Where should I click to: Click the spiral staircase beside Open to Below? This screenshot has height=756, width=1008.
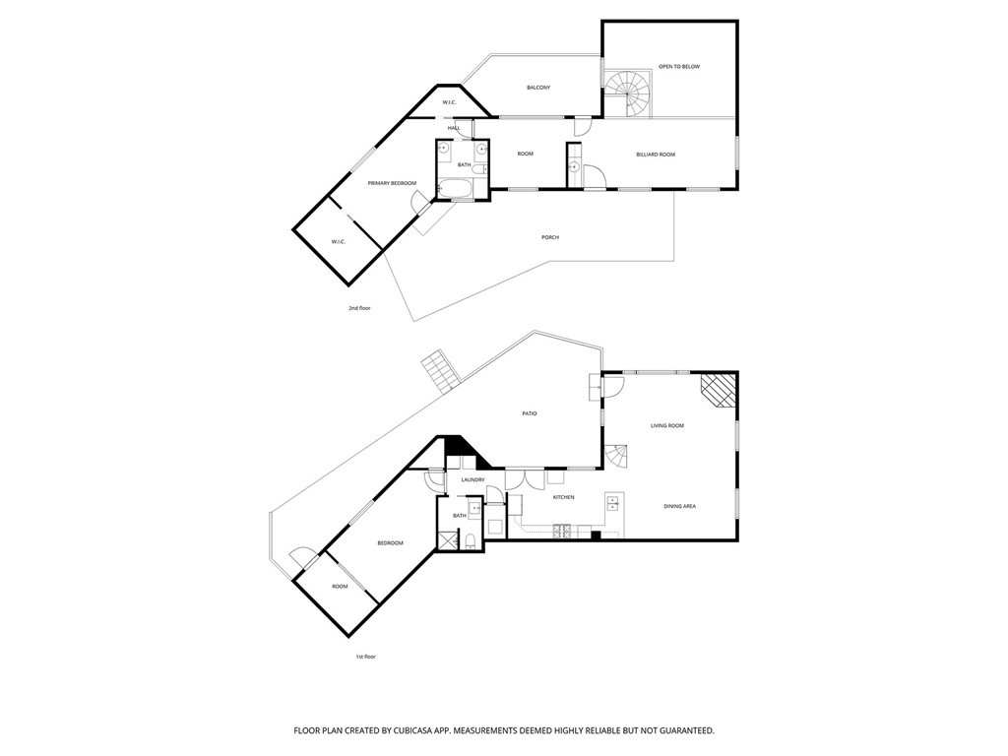(627, 94)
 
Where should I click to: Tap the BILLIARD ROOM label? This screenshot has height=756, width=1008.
(655, 155)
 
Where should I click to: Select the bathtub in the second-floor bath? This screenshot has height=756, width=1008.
(455, 186)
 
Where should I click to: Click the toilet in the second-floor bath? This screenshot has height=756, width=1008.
(479, 170)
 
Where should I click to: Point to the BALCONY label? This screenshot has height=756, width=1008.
(537, 88)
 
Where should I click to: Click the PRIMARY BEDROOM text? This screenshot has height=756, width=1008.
(392, 183)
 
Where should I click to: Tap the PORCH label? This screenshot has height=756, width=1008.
(550, 237)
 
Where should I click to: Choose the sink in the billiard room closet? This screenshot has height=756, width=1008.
(573, 167)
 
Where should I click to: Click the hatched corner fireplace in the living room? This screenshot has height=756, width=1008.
(719, 390)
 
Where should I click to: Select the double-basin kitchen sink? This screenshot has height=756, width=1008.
(613, 503)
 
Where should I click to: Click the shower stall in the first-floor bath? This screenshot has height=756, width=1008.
(448, 538)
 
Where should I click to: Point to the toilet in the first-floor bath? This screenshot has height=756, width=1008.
(471, 538)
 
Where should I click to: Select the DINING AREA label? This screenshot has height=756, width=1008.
(680, 506)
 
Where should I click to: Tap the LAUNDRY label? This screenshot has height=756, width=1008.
(472, 479)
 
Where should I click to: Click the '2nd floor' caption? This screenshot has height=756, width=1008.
(359, 308)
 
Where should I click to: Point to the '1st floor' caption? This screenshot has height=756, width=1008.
(365, 656)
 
